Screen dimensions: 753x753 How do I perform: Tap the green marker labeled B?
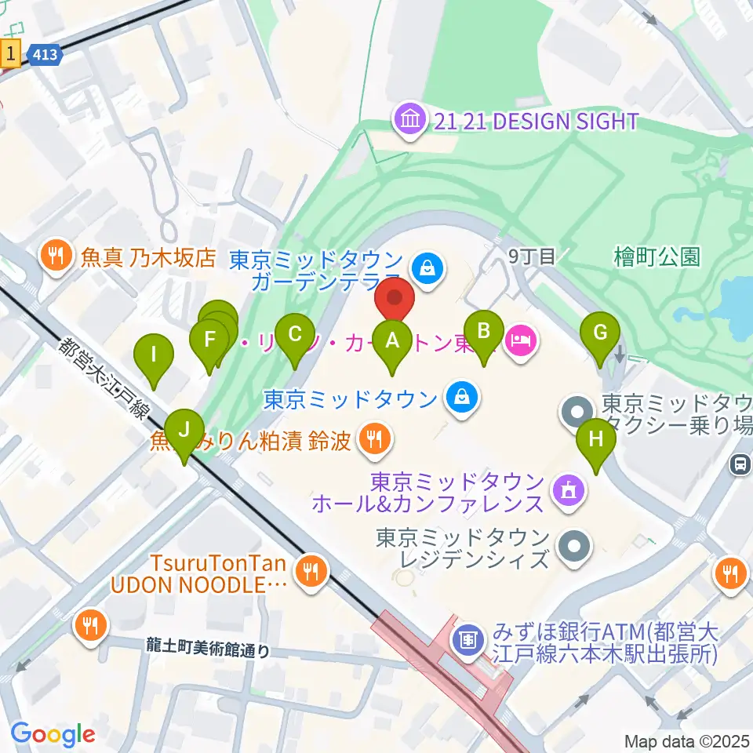(484, 330)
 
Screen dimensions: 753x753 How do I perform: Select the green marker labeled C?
(295, 334)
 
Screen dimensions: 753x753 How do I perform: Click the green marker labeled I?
(154, 354)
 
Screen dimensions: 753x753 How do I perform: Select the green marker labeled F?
(209, 340)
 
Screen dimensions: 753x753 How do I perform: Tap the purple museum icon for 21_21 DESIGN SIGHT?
(411, 121)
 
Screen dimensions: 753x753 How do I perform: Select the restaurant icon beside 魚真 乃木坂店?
(56, 258)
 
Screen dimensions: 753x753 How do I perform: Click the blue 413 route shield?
(44, 53)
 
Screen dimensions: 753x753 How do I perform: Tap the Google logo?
(53, 734)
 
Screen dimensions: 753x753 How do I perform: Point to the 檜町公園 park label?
(657, 256)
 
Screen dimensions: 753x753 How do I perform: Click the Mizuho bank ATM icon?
(467, 639)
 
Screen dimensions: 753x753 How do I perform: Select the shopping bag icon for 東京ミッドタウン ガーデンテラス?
(430, 270)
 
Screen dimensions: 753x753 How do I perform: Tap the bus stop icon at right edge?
(740, 464)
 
